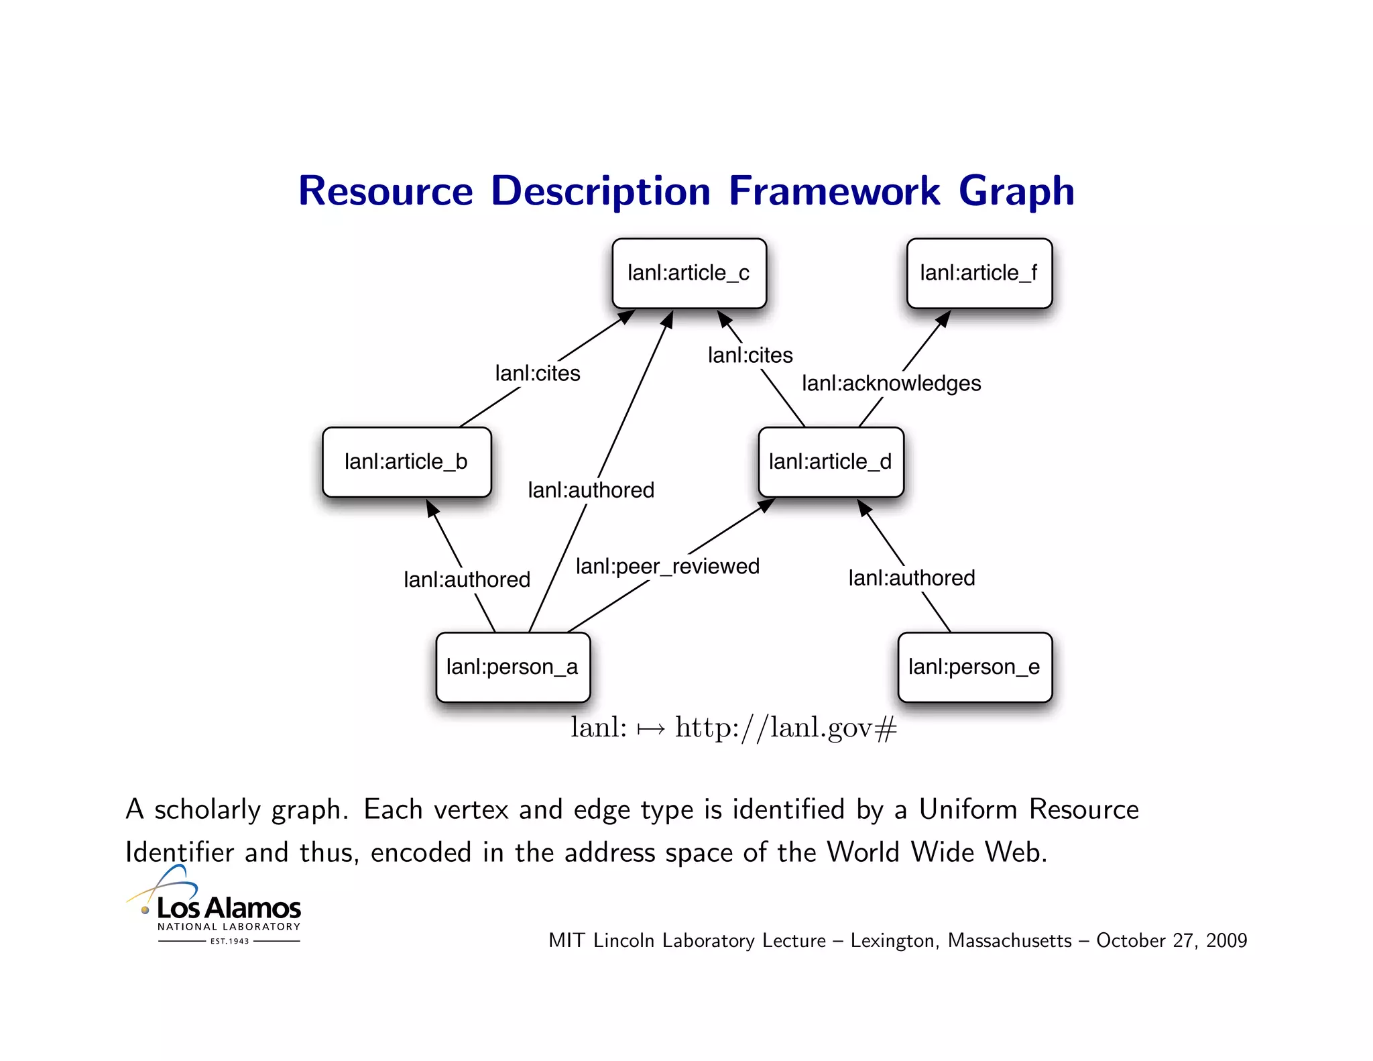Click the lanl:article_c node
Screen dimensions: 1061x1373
689,274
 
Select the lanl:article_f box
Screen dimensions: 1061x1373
979,274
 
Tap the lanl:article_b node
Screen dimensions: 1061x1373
406,462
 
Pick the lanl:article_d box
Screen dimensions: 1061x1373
831,462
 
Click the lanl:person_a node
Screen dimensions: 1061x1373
512,667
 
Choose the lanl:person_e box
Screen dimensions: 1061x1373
974,667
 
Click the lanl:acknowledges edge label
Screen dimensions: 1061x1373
891,384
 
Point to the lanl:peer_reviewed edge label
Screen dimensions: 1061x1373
667,567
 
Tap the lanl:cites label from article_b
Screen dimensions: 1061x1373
538,374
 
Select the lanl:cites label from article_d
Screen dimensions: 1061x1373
750,355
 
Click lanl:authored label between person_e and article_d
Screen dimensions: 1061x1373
911,578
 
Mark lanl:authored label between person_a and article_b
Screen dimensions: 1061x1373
467,580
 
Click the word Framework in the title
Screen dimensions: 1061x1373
834,191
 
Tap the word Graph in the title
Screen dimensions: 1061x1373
1016,191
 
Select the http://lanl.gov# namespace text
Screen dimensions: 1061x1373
785,728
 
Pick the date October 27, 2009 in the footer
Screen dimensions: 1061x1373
1171,941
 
